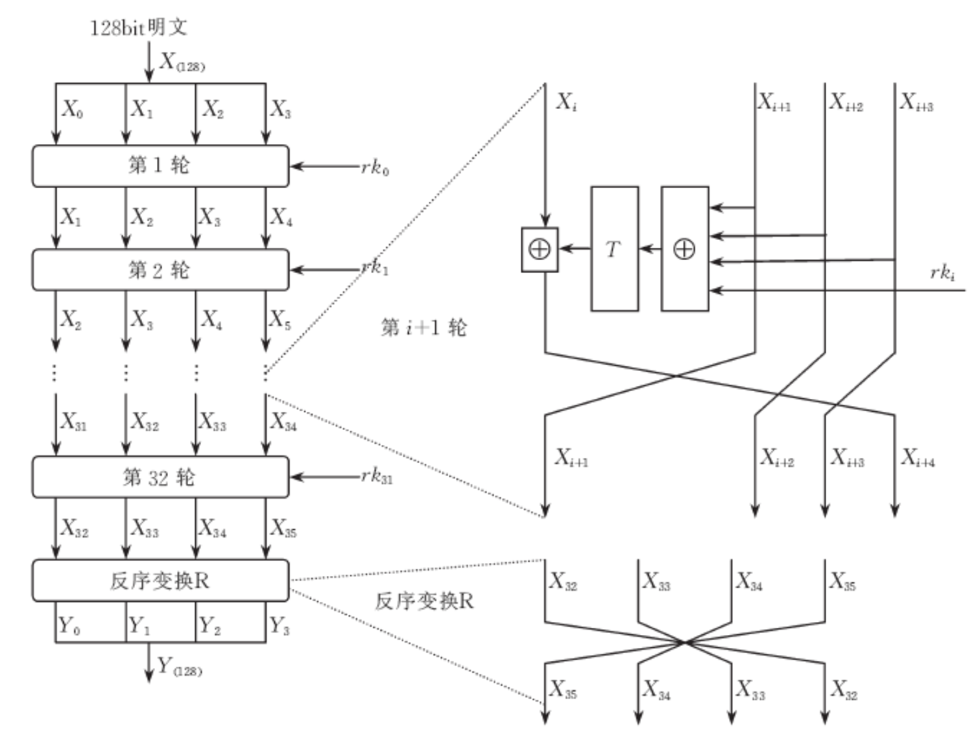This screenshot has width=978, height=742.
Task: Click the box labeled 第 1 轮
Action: (160, 166)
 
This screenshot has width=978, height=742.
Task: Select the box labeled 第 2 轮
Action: (160, 270)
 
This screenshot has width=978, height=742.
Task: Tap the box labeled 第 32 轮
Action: (160, 477)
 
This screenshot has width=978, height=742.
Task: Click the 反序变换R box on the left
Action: (160, 580)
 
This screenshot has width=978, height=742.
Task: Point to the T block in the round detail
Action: (614, 249)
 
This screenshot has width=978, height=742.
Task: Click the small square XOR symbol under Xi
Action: (540, 249)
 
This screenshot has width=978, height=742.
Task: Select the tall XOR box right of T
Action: (684, 249)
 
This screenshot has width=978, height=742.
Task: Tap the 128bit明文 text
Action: (138, 27)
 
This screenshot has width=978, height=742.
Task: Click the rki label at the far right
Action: (942, 272)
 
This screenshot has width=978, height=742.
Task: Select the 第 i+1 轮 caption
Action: (423, 328)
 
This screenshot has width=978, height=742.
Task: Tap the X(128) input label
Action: (182, 62)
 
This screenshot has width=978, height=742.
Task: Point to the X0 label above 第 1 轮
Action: (72, 109)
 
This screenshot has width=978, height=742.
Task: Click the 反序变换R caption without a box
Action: (424, 601)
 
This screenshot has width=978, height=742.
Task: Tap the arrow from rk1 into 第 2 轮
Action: (324, 270)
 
